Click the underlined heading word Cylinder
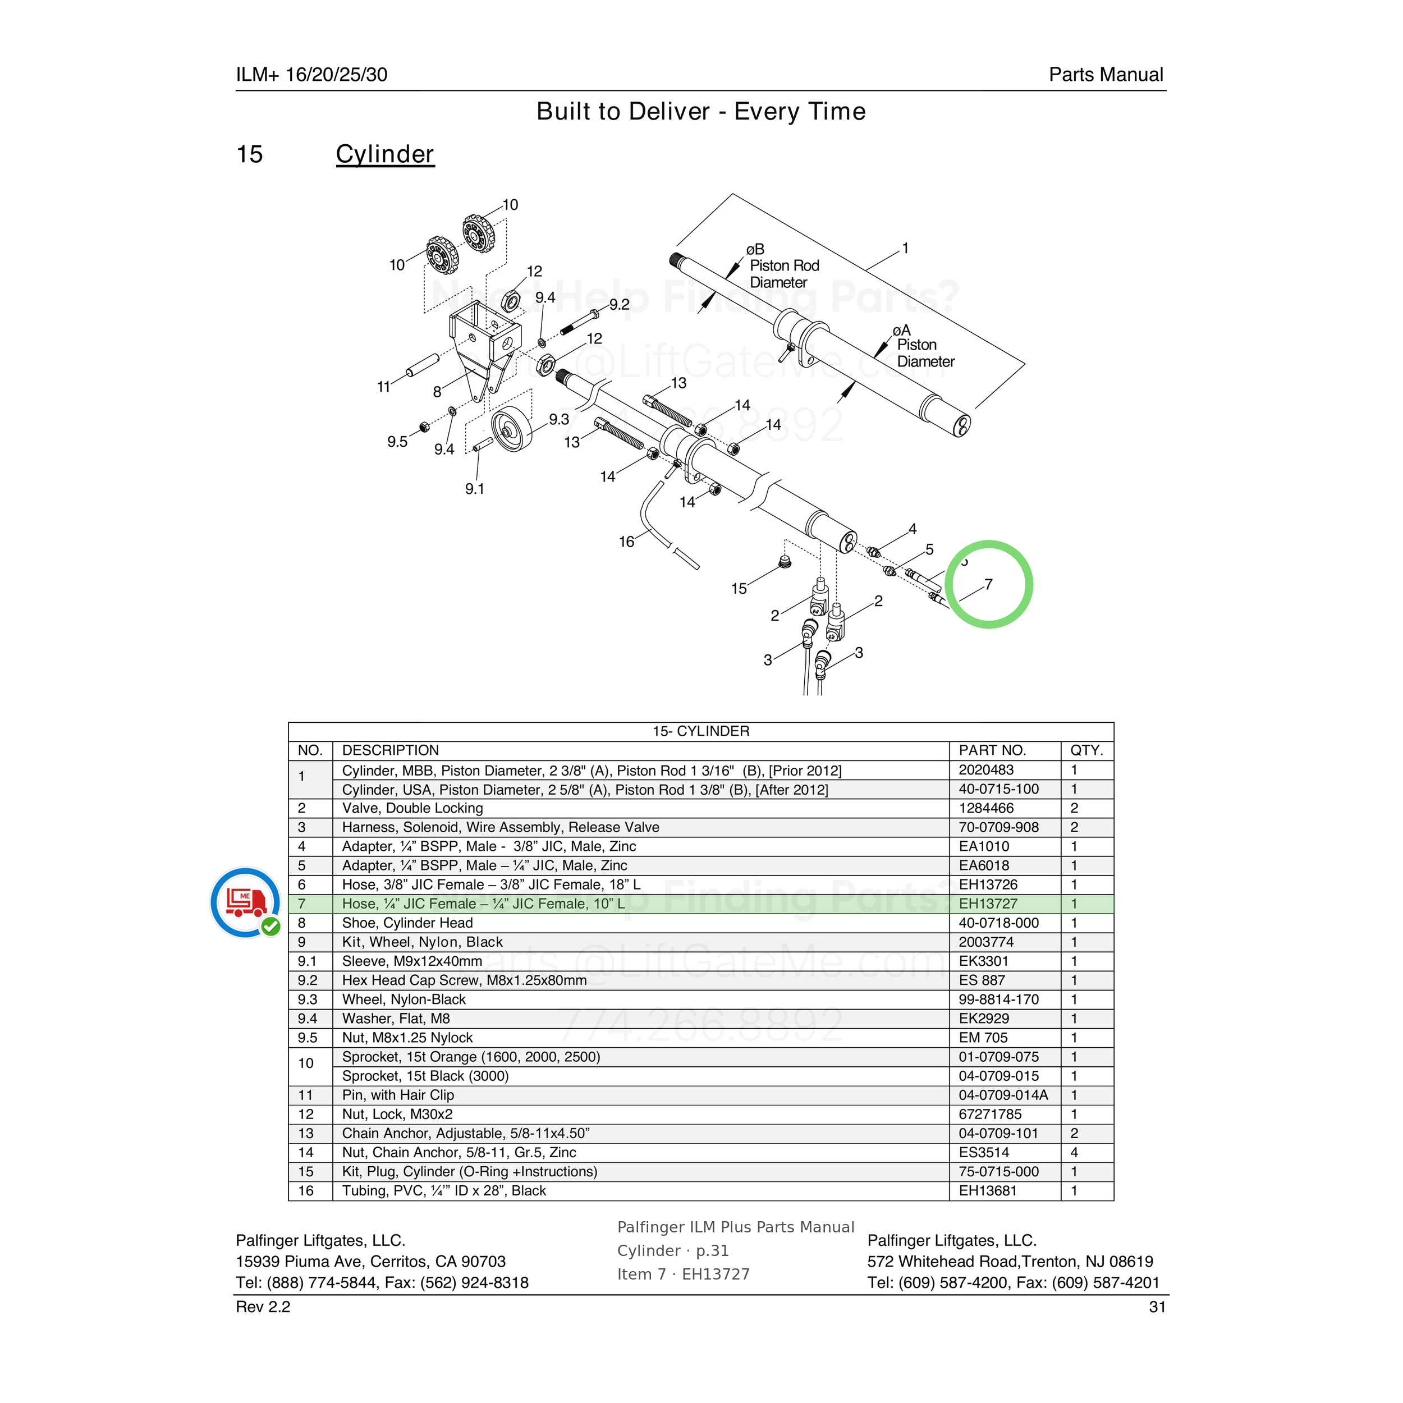point(385,155)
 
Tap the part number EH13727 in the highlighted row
point(988,904)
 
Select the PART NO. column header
point(992,750)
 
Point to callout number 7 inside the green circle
point(988,585)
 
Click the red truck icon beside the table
point(245,902)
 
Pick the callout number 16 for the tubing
point(627,542)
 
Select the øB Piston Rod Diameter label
point(783,266)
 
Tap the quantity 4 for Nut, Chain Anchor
point(1074,1153)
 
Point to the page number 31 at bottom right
point(1158,1307)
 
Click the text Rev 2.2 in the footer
point(263,1307)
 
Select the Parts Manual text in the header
point(1106,75)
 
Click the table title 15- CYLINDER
point(701,731)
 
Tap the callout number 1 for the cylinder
point(906,249)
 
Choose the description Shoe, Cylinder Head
point(407,923)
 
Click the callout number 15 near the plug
point(739,589)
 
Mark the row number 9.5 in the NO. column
point(308,1038)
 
